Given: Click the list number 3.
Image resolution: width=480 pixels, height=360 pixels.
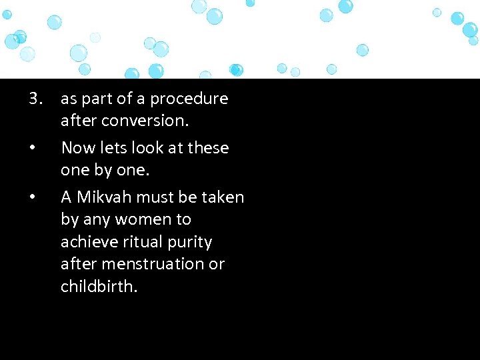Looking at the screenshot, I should [x=36, y=99].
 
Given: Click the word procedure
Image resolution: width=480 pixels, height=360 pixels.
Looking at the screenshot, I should [x=189, y=99].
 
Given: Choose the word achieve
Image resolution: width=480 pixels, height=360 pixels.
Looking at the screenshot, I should [x=87, y=241].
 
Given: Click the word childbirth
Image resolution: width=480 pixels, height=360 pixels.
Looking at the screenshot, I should [x=99, y=286].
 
